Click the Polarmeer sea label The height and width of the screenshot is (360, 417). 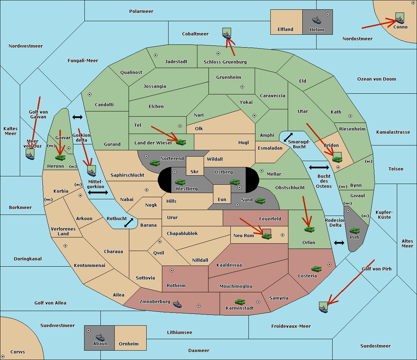point(141,11)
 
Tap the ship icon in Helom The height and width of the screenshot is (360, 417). point(317,20)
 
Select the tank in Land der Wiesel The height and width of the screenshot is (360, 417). point(181,142)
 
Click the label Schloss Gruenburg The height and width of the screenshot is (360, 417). point(225,62)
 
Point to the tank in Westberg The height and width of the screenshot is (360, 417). point(180,182)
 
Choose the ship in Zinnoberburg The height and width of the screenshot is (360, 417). point(177,304)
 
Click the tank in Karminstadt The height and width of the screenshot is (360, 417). point(240,302)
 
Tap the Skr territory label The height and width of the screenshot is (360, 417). point(195,171)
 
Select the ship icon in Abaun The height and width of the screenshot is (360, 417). point(100,337)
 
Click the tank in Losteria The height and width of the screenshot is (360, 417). point(316,269)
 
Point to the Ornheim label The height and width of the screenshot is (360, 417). point(129,344)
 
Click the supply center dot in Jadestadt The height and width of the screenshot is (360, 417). point(156,55)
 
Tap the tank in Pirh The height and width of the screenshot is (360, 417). point(354,231)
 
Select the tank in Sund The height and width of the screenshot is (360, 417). point(260,201)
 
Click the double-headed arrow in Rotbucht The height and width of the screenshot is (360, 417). point(129,223)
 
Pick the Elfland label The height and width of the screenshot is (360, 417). point(285,30)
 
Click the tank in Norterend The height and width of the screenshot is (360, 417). point(155,163)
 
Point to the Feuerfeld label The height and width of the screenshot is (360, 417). point(270,219)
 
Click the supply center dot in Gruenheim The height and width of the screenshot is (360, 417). point(242,87)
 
